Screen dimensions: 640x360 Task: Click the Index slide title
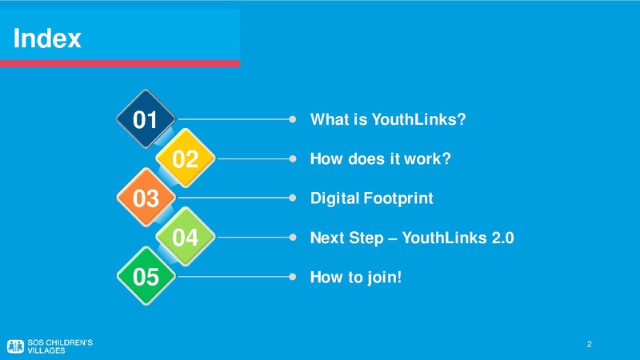click(x=47, y=38)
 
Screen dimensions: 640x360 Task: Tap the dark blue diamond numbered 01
click(x=146, y=118)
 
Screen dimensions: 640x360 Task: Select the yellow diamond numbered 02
click(x=186, y=158)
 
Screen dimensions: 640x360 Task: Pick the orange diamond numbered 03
click(x=146, y=198)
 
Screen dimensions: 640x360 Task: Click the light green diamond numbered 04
click(x=186, y=237)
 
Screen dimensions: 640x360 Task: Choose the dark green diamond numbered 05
click(x=146, y=276)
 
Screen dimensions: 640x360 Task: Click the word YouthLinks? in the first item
click(x=418, y=119)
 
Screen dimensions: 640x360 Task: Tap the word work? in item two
click(x=427, y=158)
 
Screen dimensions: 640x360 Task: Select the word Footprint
click(x=398, y=198)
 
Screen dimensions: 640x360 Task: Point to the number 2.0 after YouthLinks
click(x=503, y=238)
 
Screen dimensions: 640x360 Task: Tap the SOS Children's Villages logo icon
click(x=15, y=346)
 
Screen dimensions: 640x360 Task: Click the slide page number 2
click(x=589, y=344)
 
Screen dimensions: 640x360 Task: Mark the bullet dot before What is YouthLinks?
click(x=293, y=119)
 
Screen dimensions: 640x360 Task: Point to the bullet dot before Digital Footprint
click(x=293, y=198)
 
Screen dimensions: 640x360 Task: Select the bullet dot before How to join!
click(x=293, y=277)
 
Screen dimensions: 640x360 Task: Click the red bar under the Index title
click(x=119, y=63)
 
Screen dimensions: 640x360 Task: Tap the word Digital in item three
click(x=334, y=198)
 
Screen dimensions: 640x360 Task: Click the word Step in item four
click(x=366, y=238)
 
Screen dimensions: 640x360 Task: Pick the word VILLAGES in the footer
click(x=46, y=350)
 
